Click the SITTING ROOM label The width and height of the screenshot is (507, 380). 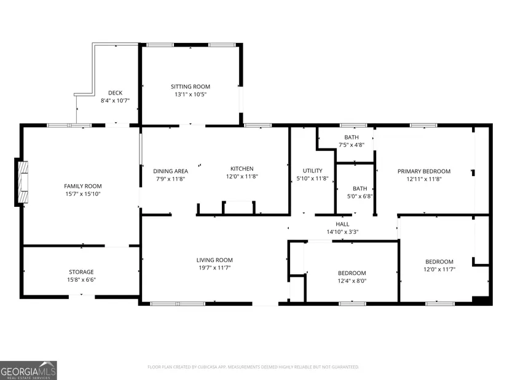pyautogui.click(x=191, y=87)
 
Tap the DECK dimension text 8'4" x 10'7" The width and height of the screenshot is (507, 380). pyautogui.click(x=115, y=101)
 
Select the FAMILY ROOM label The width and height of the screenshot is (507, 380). pyautogui.click(x=83, y=186)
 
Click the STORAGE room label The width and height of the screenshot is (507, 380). pyautogui.click(x=81, y=272)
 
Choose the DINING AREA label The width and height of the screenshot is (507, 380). pyautogui.click(x=170, y=171)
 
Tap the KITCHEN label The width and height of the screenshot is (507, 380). pyautogui.click(x=242, y=169)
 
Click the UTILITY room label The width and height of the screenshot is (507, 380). pyautogui.click(x=312, y=171)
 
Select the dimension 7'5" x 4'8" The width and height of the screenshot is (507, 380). pyautogui.click(x=352, y=145)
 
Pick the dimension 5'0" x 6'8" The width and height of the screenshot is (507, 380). pyautogui.click(x=360, y=196)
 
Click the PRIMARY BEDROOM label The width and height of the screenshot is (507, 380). pyautogui.click(x=424, y=171)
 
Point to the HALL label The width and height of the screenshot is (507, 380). pyautogui.click(x=342, y=224)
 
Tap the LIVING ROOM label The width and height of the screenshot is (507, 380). pyautogui.click(x=214, y=260)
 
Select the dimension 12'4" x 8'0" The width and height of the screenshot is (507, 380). pyautogui.click(x=352, y=281)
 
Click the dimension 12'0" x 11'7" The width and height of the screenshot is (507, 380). pyautogui.click(x=439, y=269)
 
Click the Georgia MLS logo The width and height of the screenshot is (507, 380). pyautogui.click(x=28, y=370)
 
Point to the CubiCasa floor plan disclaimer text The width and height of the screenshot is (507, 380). pyautogui.click(x=253, y=367)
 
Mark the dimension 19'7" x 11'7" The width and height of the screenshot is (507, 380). pyautogui.click(x=214, y=268)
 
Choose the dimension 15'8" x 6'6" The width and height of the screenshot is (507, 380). pyautogui.click(x=81, y=280)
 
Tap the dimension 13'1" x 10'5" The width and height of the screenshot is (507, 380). pyautogui.click(x=191, y=95)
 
